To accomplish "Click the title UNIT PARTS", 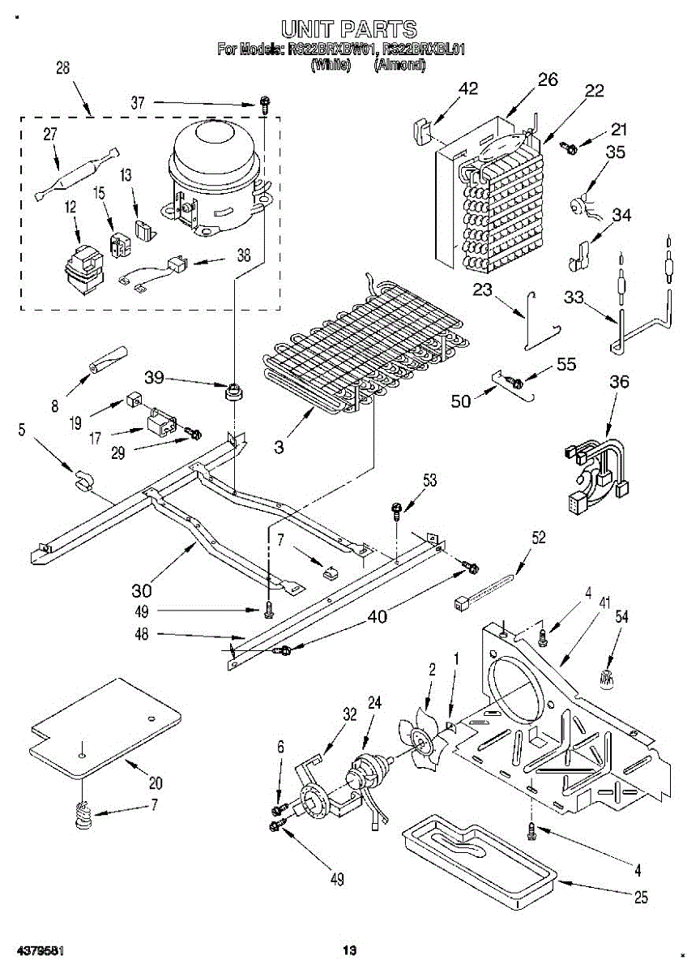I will (349, 30).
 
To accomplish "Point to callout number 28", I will (62, 69).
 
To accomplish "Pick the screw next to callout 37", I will (264, 103).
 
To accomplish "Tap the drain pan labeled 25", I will (478, 859).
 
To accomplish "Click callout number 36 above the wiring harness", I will (619, 382).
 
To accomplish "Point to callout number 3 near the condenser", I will (279, 446).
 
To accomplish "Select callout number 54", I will (621, 618).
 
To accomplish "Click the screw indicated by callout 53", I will (396, 511).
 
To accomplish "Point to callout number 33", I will (574, 298).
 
